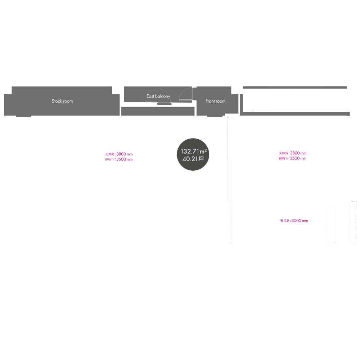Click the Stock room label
(x=62, y=101)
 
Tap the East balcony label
(x=158, y=96)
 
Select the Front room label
(x=215, y=101)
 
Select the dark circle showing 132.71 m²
(x=193, y=154)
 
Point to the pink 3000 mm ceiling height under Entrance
(x=294, y=221)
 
